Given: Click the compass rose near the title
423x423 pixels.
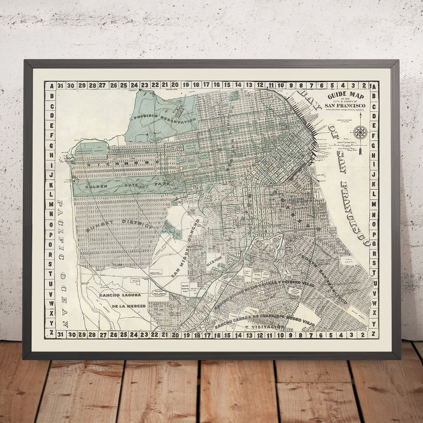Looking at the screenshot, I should pos(360,132).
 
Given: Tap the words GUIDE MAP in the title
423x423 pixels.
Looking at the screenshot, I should pos(345,95).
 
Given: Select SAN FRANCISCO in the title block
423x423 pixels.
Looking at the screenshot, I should pos(345,106).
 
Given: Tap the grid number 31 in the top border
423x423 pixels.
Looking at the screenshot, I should pos(60,86).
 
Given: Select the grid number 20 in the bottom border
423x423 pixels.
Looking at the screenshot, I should pos(175,335).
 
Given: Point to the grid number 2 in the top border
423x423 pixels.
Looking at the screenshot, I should pos(364,86).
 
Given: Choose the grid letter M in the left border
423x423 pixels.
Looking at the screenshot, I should pos(50,194).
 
